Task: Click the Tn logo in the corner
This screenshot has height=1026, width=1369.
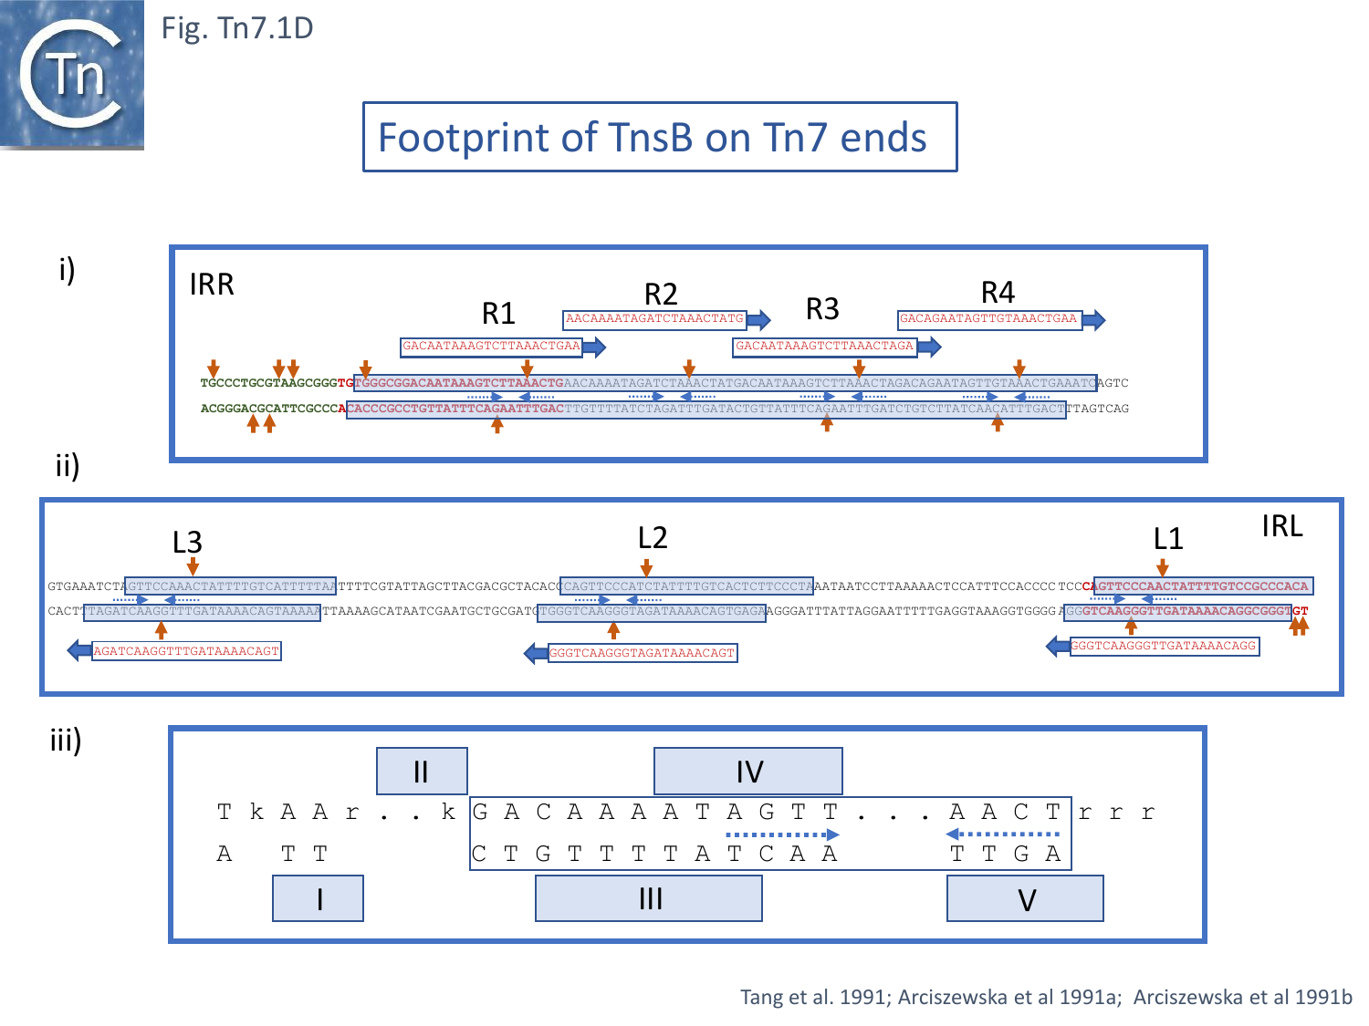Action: (x=72, y=74)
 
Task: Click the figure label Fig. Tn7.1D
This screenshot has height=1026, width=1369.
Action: (x=237, y=28)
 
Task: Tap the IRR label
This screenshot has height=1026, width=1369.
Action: (x=212, y=285)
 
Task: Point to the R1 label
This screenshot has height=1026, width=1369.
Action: (x=498, y=314)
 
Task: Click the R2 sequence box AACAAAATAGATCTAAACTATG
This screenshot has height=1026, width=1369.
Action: (x=654, y=319)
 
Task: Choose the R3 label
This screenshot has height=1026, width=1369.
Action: (x=822, y=309)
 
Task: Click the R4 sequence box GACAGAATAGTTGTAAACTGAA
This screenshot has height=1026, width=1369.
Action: (x=989, y=319)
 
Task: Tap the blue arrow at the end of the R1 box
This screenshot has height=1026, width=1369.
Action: (x=594, y=347)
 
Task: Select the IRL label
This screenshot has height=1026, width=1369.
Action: (x=1281, y=526)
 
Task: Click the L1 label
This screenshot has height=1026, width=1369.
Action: (x=1168, y=539)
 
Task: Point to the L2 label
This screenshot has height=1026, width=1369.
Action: (x=653, y=538)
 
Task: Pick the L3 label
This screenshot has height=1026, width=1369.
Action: (x=187, y=543)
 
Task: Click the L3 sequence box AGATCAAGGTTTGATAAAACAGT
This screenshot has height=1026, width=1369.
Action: (x=186, y=651)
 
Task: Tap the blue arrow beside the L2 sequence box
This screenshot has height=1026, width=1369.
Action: (x=536, y=653)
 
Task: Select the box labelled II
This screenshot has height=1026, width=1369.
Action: (x=422, y=772)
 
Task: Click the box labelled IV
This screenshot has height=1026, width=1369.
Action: (x=747, y=772)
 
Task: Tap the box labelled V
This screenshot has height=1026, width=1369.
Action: (x=1025, y=899)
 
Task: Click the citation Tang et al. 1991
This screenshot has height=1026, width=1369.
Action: (x=813, y=997)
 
